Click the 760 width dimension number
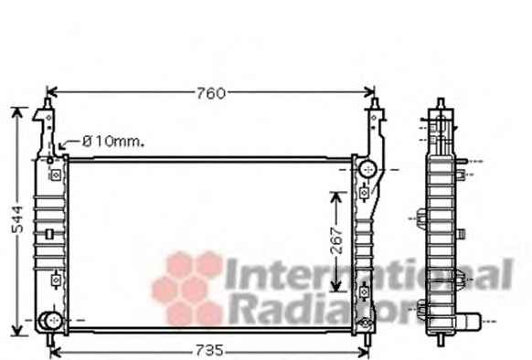point(210,93)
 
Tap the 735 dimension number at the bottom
point(209,350)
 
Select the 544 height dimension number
point(17,220)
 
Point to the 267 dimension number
point(337,241)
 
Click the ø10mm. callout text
point(113,141)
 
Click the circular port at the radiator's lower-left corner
point(50,321)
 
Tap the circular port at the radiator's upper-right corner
point(367,169)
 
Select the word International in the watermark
point(369,274)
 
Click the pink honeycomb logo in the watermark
point(187,289)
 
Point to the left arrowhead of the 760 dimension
point(51,91)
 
